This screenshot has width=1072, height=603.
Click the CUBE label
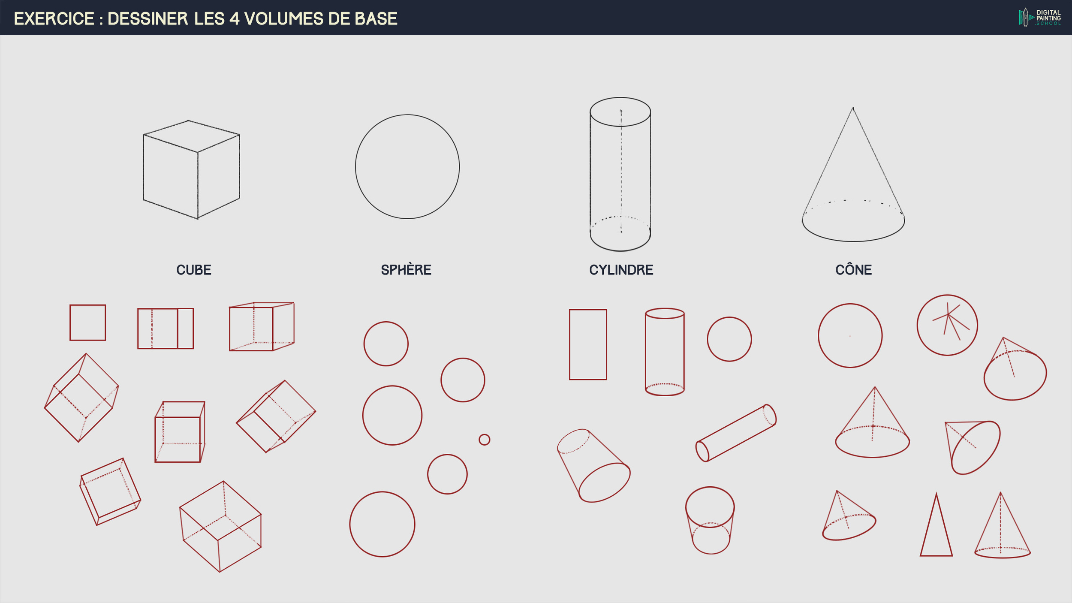(x=194, y=270)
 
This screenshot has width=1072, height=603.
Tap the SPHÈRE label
(x=406, y=269)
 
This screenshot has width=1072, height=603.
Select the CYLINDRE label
(x=621, y=270)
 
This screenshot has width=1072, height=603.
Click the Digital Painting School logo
(x=1040, y=18)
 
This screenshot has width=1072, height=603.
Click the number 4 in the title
(x=234, y=19)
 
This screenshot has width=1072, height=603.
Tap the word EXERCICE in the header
(x=54, y=19)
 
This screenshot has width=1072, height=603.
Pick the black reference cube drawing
(x=191, y=170)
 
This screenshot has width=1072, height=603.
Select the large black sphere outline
(x=355, y=166)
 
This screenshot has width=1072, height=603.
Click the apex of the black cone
(x=853, y=108)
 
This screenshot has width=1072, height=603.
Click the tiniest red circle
(x=484, y=440)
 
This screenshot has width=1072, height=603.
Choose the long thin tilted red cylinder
(x=736, y=433)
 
